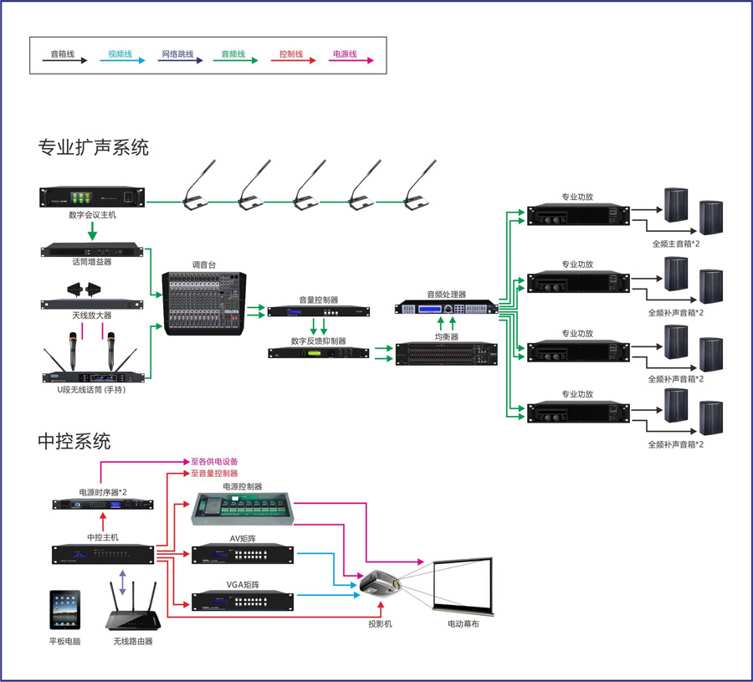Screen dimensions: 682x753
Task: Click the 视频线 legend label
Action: [120, 54]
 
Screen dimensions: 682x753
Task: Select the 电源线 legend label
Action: [345, 54]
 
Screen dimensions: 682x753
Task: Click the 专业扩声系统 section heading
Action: [93, 148]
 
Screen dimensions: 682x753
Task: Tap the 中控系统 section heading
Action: [74, 440]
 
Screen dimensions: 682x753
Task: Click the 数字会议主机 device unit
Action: [91, 198]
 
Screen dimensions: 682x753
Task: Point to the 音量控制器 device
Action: [318, 312]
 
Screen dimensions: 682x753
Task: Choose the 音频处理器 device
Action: [446, 308]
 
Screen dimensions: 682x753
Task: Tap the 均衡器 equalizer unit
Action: [446, 355]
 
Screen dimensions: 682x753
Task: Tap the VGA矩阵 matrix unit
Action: [243, 600]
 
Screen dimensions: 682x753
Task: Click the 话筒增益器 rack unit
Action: [91, 249]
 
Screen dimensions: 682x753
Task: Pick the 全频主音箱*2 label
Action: [676, 244]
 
